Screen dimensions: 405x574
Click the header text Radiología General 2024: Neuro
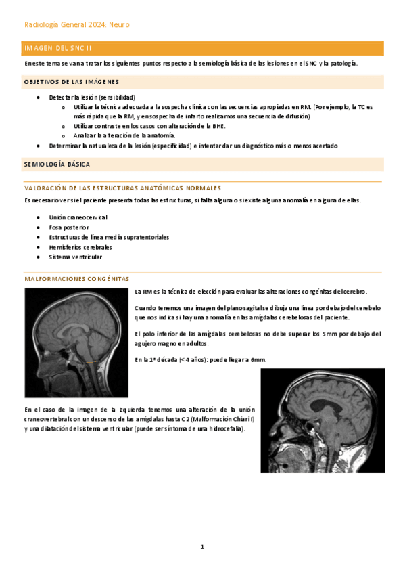[x=76, y=25]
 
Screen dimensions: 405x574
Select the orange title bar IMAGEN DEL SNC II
[x=203, y=48]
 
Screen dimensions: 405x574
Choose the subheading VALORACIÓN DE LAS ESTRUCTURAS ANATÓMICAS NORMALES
[x=122, y=187]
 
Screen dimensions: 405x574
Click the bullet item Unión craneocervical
[x=78, y=217]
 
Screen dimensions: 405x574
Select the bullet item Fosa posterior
[x=69, y=227]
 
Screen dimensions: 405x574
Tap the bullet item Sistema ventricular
[x=76, y=257]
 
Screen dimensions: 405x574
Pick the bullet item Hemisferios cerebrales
[x=80, y=247]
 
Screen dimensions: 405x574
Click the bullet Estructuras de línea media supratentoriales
[x=109, y=238]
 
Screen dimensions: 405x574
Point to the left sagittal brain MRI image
[x=76, y=343]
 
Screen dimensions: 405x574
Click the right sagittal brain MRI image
[x=323, y=420]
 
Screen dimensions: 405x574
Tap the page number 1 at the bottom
[x=202, y=546]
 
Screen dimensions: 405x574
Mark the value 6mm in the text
[x=258, y=359]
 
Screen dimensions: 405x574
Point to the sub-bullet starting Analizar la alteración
[x=119, y=135]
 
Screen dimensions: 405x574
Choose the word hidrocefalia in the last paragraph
[x=227, y=429]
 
